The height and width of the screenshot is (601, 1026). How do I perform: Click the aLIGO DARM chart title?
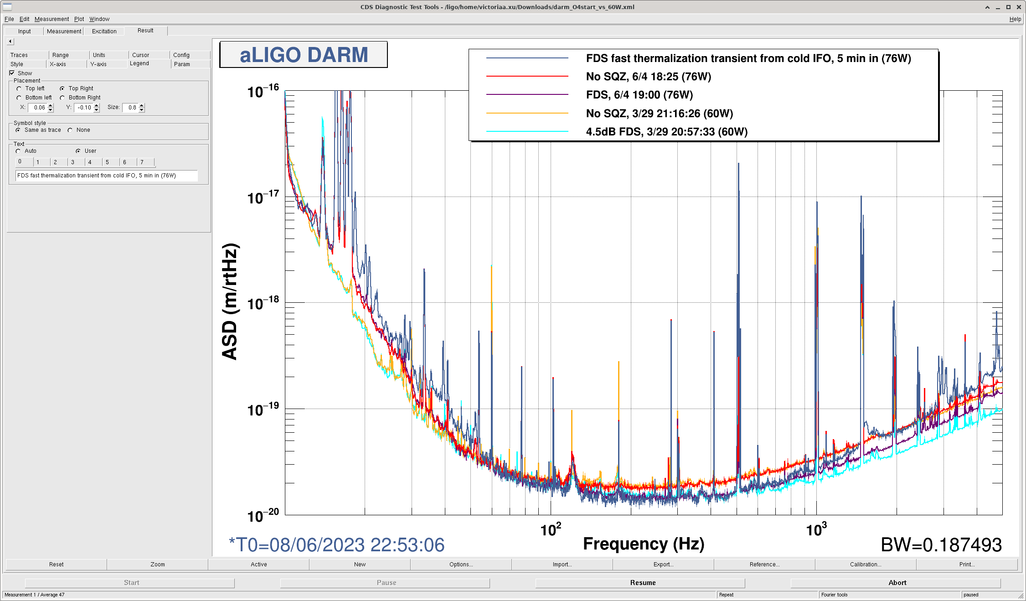(304, 55)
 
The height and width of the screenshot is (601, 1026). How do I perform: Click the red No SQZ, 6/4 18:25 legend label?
(648, 77)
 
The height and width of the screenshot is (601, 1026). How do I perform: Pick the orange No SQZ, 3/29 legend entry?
(659, 114)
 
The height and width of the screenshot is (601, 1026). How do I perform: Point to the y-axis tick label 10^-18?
(263, 303)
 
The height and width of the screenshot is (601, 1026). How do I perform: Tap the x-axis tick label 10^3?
(816, 530)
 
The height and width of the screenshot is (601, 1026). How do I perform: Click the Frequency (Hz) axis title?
(644, 544)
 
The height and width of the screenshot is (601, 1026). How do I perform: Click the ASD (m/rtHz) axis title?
(230, 302)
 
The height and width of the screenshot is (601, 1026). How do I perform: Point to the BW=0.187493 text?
(941, 545)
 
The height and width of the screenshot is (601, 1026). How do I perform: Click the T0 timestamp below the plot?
(336, 545)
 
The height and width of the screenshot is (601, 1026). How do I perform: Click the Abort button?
(897, 583)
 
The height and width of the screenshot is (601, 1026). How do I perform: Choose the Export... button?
(663, 565)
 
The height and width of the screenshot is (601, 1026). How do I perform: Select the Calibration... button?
(865, 565)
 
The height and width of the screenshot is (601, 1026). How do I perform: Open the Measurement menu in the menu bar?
(52, 19)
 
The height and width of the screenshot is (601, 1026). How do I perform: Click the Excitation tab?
(104, 31)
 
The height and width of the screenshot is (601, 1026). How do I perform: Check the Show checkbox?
(12, 73)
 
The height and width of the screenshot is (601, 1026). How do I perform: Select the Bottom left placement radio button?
(19, 98)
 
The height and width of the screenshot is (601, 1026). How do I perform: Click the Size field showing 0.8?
(132, 108)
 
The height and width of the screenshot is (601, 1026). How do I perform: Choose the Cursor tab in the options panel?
(140, 55)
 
